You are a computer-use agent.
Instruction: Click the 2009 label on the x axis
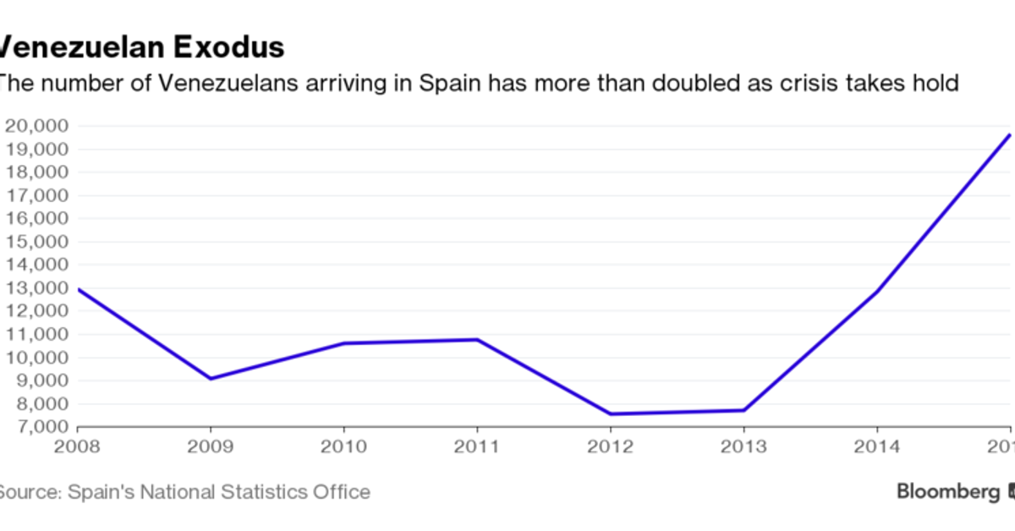coord(211,445)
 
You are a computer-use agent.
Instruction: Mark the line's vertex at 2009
coord(211,378)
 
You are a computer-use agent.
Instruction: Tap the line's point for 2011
coord(478,340)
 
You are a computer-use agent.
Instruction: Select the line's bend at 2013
coord(744,411)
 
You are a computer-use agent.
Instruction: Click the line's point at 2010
coord(344,343)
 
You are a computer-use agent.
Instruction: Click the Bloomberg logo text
coord(948,491)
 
